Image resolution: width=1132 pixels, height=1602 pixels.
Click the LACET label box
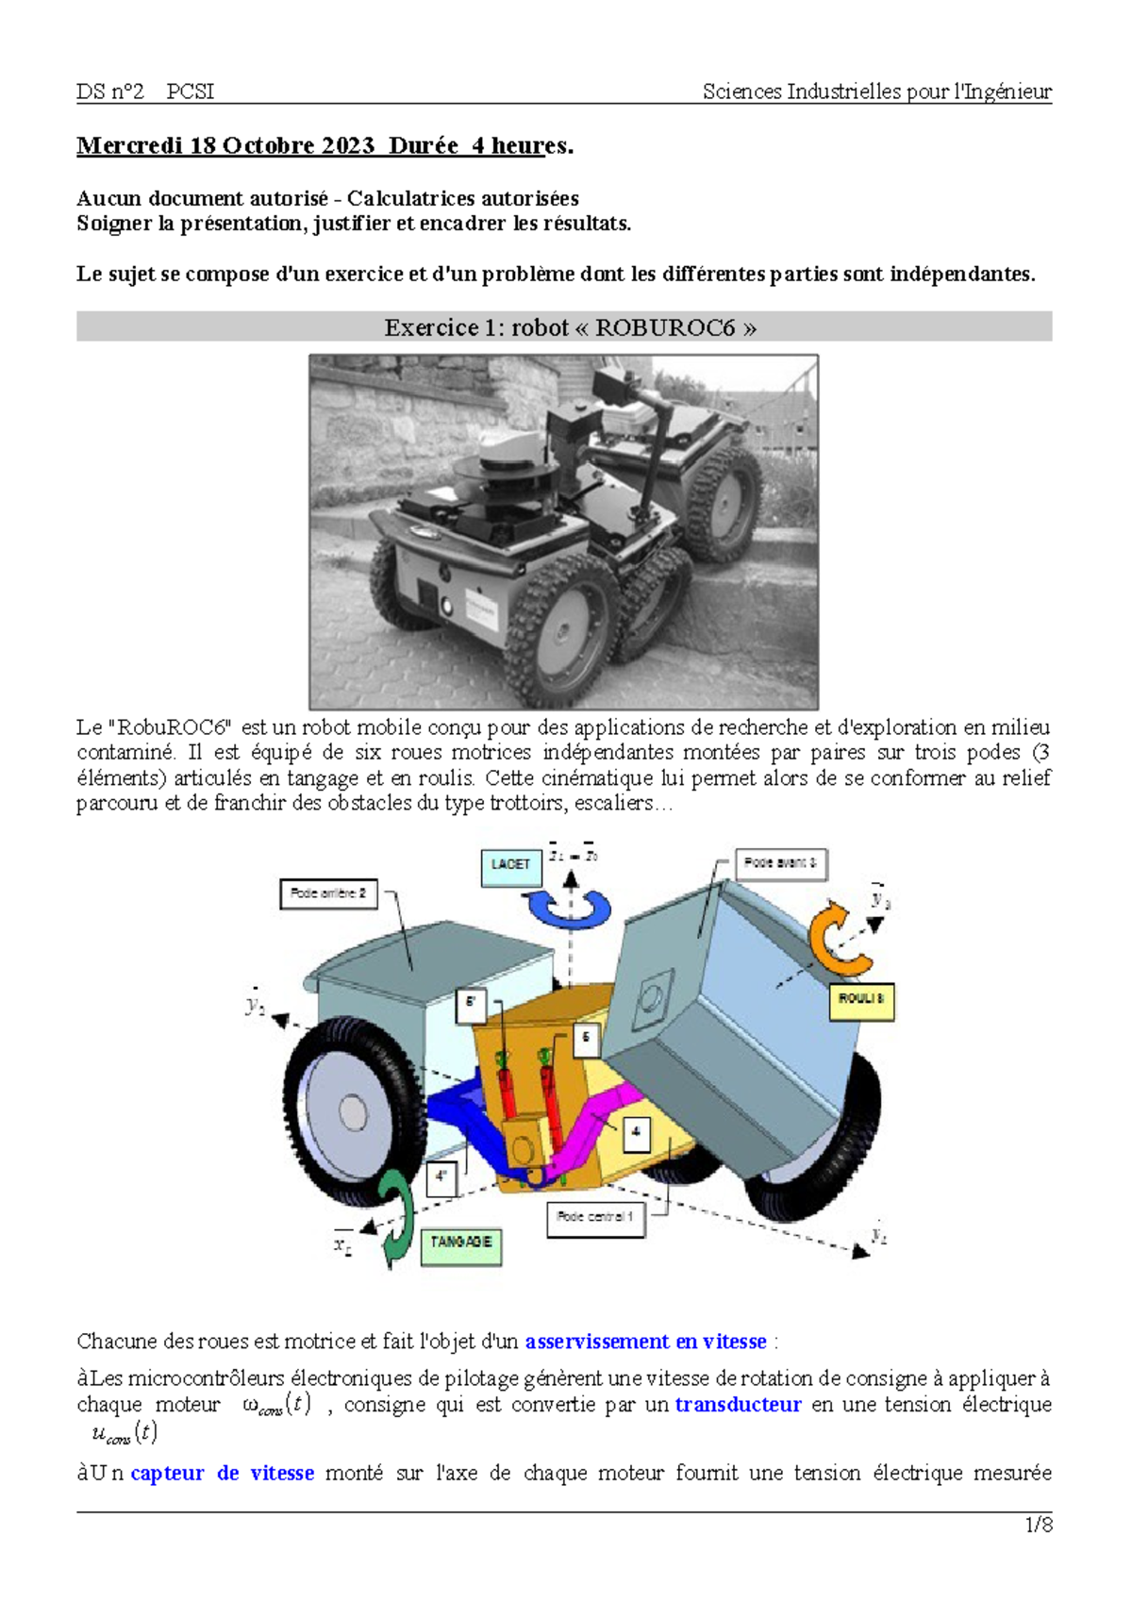[510, 864]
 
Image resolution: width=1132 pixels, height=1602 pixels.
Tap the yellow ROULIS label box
[860, 1000]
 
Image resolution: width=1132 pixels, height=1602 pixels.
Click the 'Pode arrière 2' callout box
[328, 893]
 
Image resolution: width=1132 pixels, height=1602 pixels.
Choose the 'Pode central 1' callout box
[594, 1218]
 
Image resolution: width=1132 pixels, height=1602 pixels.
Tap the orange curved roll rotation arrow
[839, 939]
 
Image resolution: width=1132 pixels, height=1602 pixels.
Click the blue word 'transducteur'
[738, 1405]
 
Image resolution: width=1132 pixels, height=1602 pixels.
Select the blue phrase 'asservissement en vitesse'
[645, 1342]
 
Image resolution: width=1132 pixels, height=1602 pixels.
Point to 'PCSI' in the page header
[190, 92]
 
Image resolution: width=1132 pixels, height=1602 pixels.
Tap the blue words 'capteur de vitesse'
[222, 1474]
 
